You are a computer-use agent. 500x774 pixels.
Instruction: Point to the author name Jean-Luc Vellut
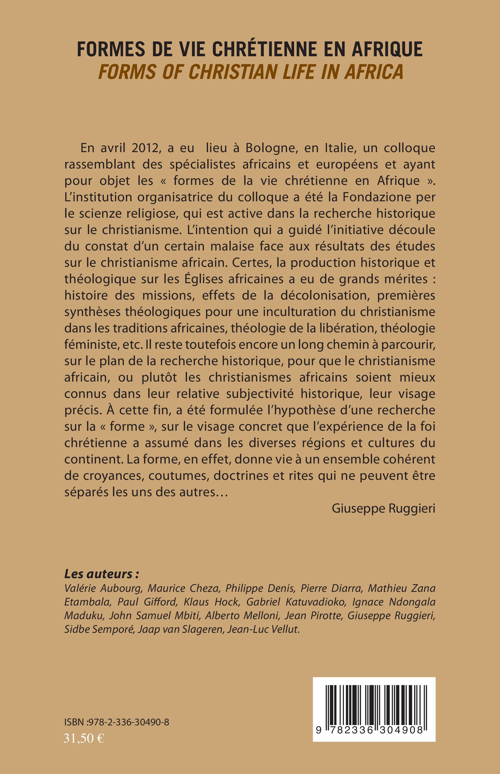point(263,629)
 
